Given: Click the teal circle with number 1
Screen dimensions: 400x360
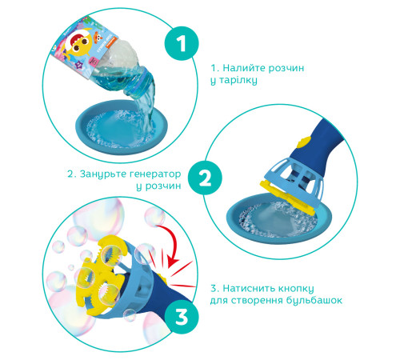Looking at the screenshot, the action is click(182, 43).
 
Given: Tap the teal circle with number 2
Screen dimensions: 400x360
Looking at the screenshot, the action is click(205, 178).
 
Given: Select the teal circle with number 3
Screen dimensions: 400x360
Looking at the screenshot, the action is click(182, 317).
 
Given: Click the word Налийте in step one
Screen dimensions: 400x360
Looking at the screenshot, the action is click(244, 68).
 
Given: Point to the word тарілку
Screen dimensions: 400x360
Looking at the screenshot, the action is click(238, 80).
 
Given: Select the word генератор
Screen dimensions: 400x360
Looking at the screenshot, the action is click(155, 174).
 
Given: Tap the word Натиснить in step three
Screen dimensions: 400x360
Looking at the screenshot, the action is click(249, 288).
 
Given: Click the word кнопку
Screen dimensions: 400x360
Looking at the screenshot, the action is click(296, 289).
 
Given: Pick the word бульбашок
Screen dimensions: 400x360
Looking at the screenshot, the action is click(314, 301).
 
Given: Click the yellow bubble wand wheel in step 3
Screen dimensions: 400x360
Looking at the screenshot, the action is click(101, 274).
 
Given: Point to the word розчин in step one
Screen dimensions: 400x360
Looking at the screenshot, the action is click(286, 69).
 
